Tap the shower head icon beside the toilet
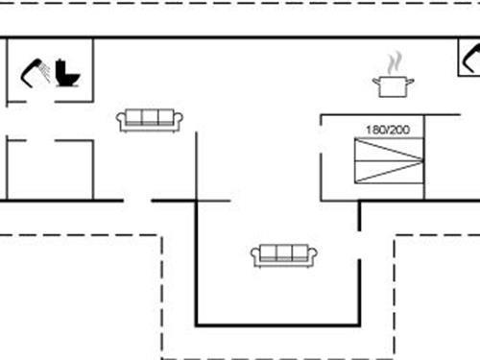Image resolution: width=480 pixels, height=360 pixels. point(36,69)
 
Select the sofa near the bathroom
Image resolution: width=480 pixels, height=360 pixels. point(150,120)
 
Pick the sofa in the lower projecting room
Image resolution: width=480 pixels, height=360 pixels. point(284,255)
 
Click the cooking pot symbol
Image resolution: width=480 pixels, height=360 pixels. point(393,86)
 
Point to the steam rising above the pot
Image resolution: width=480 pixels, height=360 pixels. point(394,64)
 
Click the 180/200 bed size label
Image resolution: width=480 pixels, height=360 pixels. point(387,129)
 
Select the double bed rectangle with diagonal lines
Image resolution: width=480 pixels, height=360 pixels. point(388,160)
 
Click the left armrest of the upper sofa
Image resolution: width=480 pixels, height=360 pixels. point(121,121)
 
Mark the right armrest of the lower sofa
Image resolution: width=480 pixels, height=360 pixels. point(313,256)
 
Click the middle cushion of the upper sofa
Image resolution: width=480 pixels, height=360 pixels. point(150,117)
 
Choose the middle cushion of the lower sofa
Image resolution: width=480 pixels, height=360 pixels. point(284,252)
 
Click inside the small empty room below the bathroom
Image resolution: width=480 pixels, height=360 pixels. point(50,171)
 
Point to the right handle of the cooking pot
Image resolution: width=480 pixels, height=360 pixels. point(410,83)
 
